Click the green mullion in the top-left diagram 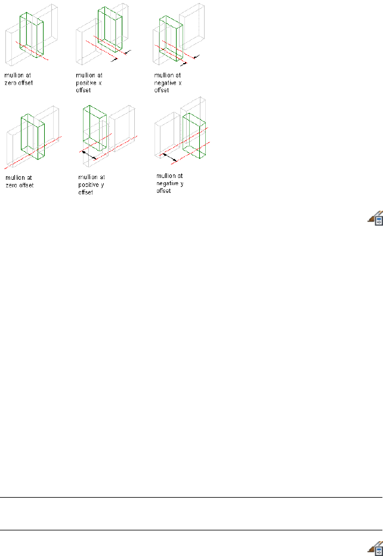31,36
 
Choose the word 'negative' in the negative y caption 168,184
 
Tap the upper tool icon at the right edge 375,220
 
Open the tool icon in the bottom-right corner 375,548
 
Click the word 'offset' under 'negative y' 163,191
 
